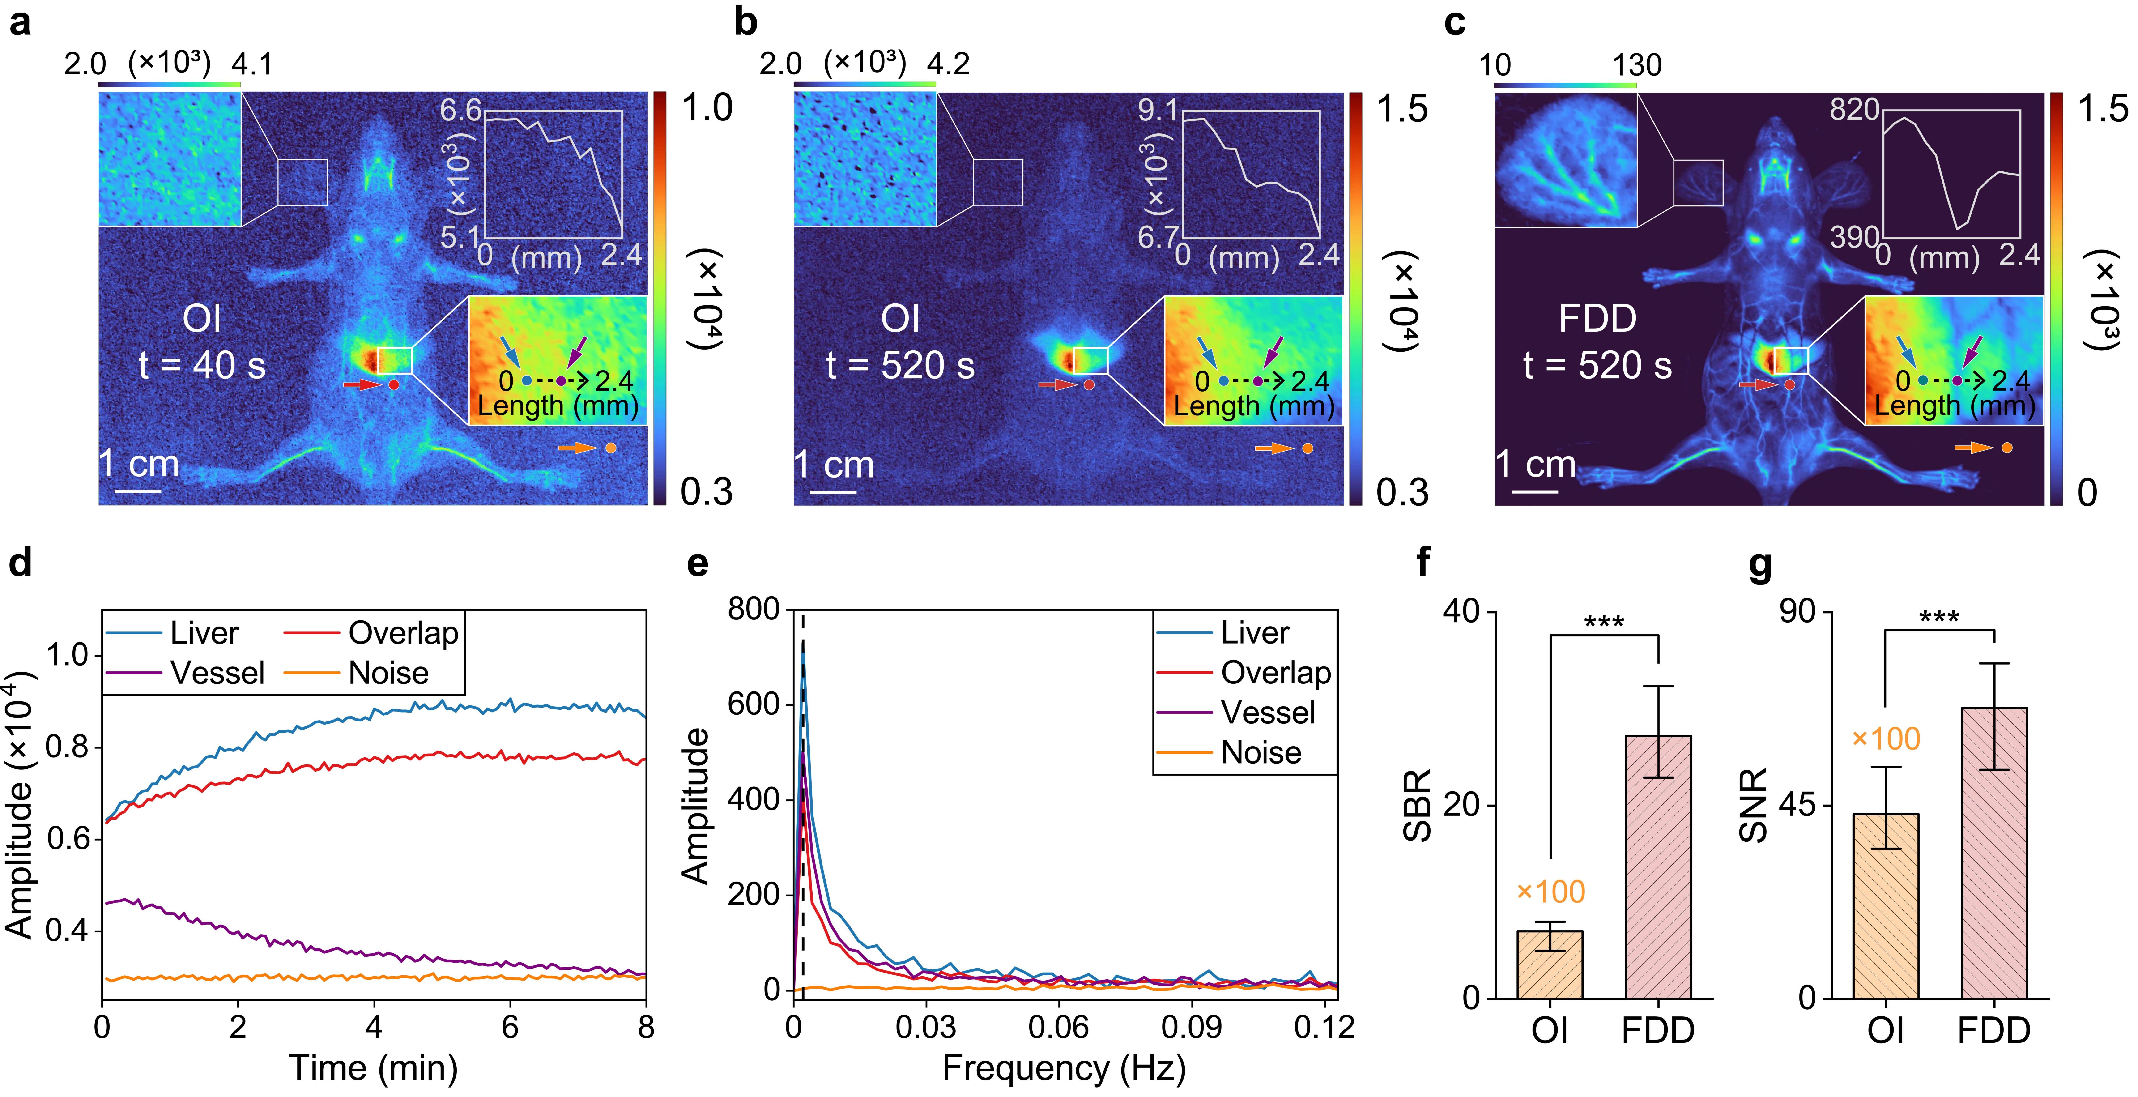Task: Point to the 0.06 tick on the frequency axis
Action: coord(1058,1027)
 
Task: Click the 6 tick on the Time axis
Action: coord(510,1027)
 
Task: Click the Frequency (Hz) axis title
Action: coord(1064,1068)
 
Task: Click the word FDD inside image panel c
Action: coord(1597,319)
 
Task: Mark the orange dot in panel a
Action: coord(611,448)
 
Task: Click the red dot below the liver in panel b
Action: coord(1089,385)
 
